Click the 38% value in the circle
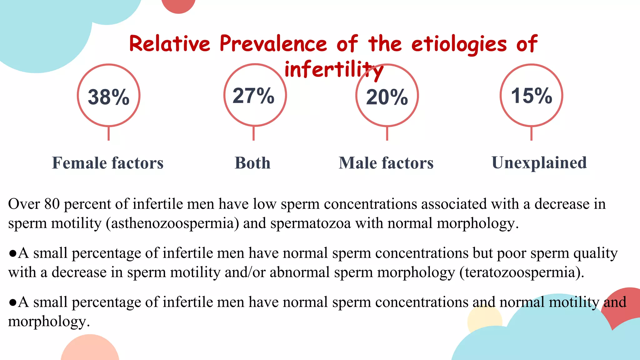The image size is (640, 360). click(108, 97)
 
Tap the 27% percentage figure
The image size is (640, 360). click(253, 96)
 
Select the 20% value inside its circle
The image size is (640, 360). click(387, 97)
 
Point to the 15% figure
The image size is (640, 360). click(531, 96)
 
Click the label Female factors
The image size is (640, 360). click(108, 163)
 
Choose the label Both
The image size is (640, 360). click(252, 163)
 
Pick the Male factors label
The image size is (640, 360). click(386, 163)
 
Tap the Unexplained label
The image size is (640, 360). click(539, 163)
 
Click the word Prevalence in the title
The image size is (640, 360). click(273, 44)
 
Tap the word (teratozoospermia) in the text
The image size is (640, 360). click(522, 272)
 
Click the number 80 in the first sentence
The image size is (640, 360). click(52, 204)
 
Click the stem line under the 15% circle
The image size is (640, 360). click(531, 133)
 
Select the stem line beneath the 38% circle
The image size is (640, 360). click(108, 133)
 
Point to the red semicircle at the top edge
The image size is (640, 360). click(178, 6)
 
